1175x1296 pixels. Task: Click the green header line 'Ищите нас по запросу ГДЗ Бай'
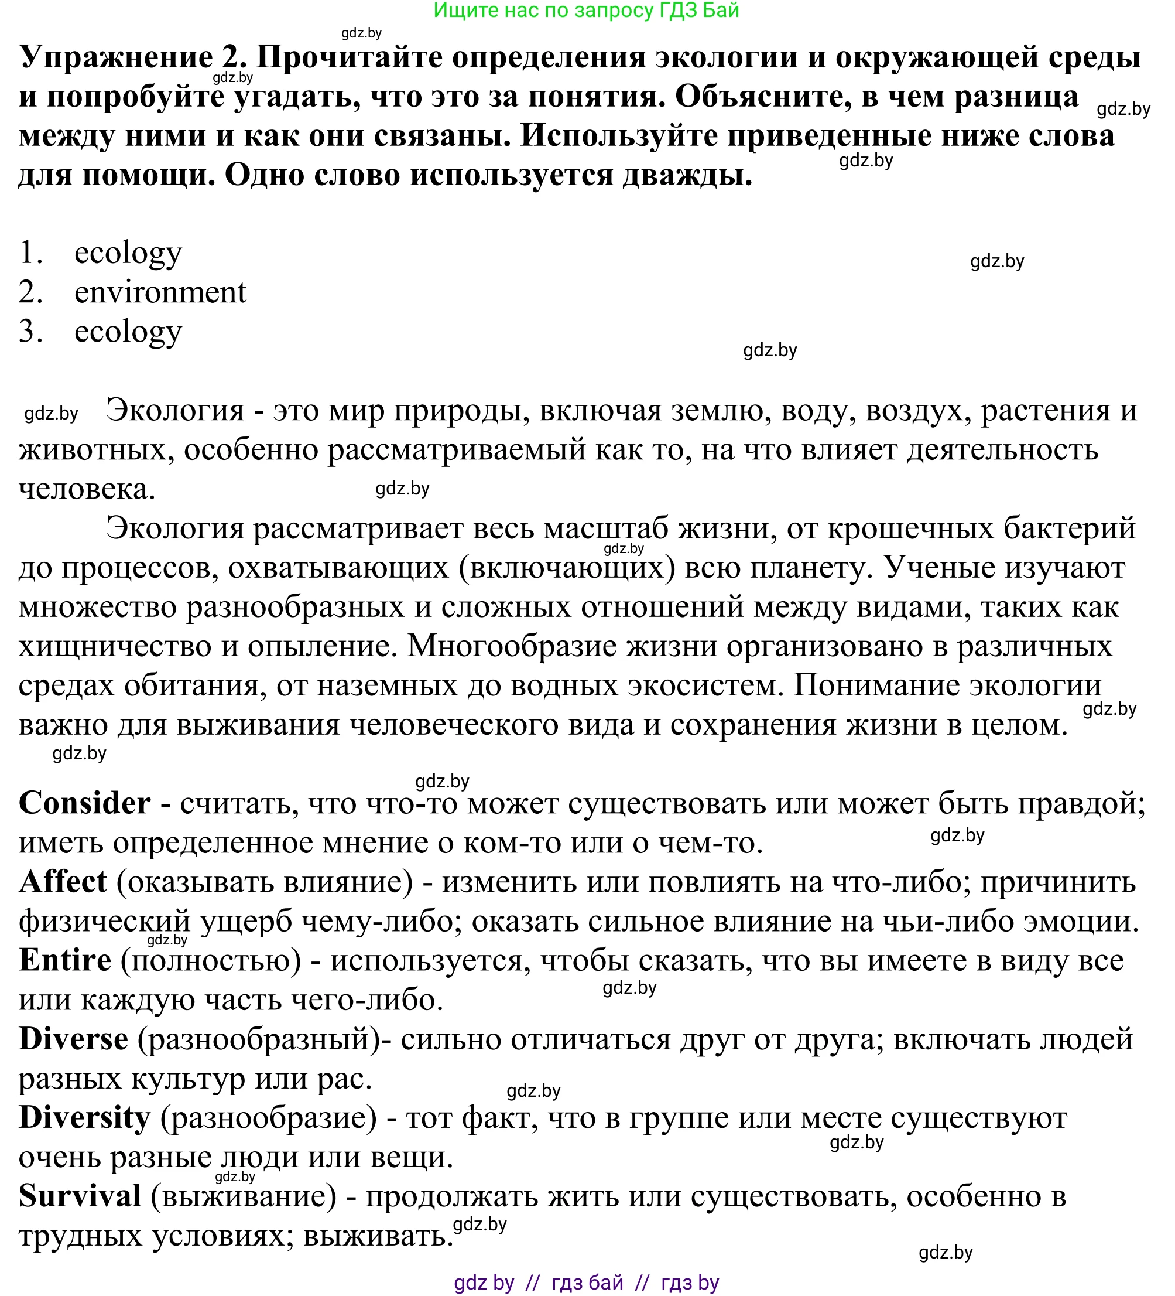(x=586, y=11)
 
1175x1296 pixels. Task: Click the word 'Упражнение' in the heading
(x=116, y=58)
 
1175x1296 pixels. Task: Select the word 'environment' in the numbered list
(x=160, y=292)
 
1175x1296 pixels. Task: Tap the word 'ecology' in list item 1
(x=128, y=253)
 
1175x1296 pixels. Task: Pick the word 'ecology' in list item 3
(x=128, y=332)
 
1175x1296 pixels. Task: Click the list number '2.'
(x=31, y=292)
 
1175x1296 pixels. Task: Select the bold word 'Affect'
(x=63, y=882)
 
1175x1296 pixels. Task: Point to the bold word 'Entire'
(x=65, y=960)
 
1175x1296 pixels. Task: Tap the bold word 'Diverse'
(x=73, y=1039)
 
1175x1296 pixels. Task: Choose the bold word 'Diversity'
(x=84, y=1118)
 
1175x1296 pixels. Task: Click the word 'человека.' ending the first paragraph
(x=87, y=490)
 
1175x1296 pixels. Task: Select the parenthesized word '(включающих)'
(x=567, y=568)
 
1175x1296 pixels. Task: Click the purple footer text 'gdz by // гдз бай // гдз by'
(x=586, y=1283)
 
